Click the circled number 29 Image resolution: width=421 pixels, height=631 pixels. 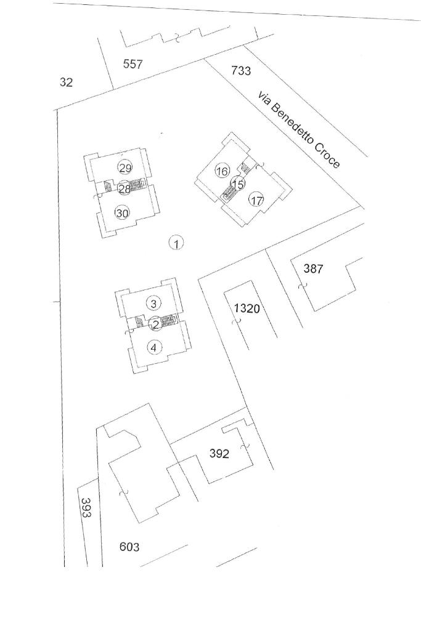pyautogui.click(x=125, y=168)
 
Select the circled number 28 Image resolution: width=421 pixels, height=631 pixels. pyautogui.click(x=124, y=189)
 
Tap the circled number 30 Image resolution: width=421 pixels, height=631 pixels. pyautogui.click(x=123, y=213)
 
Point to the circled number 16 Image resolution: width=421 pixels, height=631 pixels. pyautogui.click(x=222, y=171)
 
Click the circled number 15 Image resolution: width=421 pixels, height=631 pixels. pyautogui.click(x=237, y=184)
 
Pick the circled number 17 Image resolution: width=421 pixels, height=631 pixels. pyautogui.click(x=256, y=200)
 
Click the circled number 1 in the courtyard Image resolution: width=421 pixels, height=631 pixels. pyautogui.click(x=176, y=244)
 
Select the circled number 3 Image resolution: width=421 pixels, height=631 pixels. pyautogui.click(x=154, y=303)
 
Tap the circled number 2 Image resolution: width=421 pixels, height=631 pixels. pyautogui.click(x=156, y=324)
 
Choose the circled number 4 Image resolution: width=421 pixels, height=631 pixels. pyautogui.click(x=154, y=347)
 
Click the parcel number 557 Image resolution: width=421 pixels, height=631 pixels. pyautogui.click(x=133, y=63)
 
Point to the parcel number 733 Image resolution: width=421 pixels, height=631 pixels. pyautogui.click(x=241, y=71)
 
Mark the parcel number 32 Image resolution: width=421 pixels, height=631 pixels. pyautogui.click(x=66, y=82)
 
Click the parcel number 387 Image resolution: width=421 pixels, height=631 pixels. pyautogui.click(x=313, y=268)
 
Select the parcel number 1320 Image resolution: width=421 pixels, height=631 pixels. pyautogui.click(x=247, y=308)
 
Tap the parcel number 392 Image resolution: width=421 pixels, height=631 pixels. pyautogui.click(x=219, y=454)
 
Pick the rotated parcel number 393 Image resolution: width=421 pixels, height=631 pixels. pyautogui.click(x=86, y=507)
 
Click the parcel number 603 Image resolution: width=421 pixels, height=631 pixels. pyautogui.click(x=129, y=546)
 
